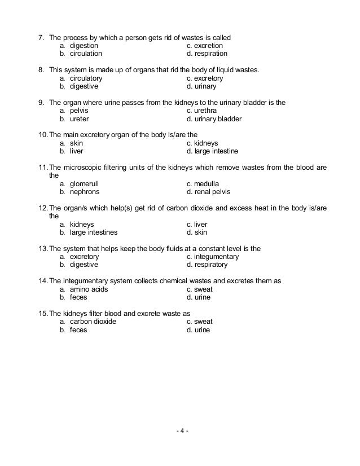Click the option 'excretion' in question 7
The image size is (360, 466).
coord(208,46)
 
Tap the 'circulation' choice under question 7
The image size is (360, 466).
coord(86,54)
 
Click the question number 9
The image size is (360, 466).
coord(41,103)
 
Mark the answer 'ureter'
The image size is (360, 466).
coord(79,120)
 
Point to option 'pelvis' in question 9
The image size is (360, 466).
coord(79,111)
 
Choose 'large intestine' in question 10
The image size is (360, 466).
coord(216,152)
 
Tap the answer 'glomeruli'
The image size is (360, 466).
coord(86,184)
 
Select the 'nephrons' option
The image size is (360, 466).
coord(86,192)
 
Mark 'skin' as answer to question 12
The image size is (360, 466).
coord(201,232)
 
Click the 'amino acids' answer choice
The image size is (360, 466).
coord(89,289)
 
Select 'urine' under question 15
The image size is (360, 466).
coord(202,330)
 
